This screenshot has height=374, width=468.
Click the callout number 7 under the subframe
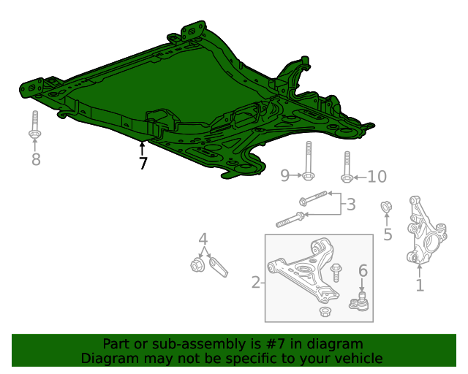(143, 164)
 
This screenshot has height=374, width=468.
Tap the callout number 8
(35, 159)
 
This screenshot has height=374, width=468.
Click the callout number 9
(285, 175)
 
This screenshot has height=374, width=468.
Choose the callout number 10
(377, 176)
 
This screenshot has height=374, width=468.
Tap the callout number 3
(351, 205)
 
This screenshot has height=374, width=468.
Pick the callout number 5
(388, 234)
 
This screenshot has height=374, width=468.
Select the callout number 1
(420, 286)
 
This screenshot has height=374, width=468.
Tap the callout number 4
(203, 239)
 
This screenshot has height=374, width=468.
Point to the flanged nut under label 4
(197, 264)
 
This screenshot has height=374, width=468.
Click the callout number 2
(255, 282)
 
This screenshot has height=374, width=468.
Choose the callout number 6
(362, 270)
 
